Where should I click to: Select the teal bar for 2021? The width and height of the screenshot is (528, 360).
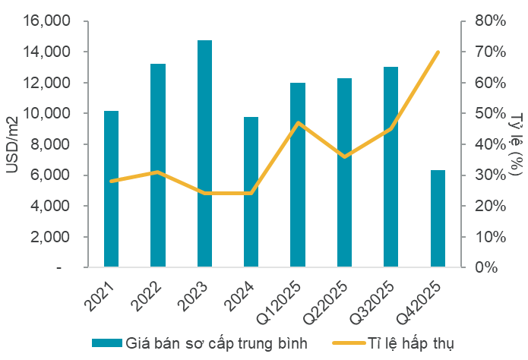[x=111, y=189]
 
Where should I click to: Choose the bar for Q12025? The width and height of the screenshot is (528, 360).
[x=298, y=175]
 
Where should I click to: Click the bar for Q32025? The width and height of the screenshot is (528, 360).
[x=391, y=167]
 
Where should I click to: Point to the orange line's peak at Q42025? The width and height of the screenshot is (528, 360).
[x=438, y=52]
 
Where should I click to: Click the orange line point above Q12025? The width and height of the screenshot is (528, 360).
[x=298, y=122]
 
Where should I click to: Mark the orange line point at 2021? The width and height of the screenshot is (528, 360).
[x=111, y=181]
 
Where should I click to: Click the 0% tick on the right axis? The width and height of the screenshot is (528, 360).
[x=486, y=268]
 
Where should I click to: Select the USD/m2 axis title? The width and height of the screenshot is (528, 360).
[x=14, y=144]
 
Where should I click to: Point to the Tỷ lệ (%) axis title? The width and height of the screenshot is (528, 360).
[x=517, y=144]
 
